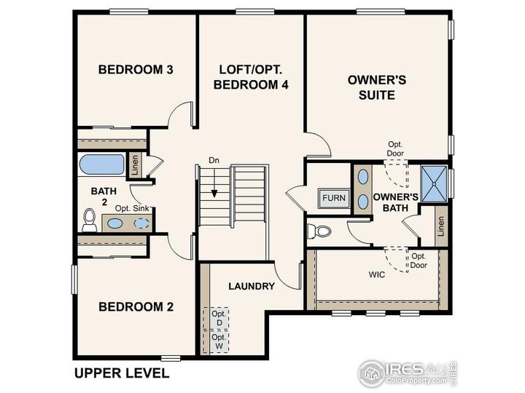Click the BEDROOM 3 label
click(136, 71)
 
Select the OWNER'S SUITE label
click(371, 88)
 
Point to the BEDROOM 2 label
click(136, 306)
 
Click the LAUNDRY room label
click(251, 286)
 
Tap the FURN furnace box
click(334, 198)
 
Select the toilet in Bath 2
click(89, 219)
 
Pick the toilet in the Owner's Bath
click(319, 231)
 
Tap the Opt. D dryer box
click(218, 318)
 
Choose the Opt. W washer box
click(218, 342)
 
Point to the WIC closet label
click(377, 276)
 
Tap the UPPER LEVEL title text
click(122, 373)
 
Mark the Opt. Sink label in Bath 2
click(132, 209)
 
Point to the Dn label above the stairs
click(214, 159)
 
